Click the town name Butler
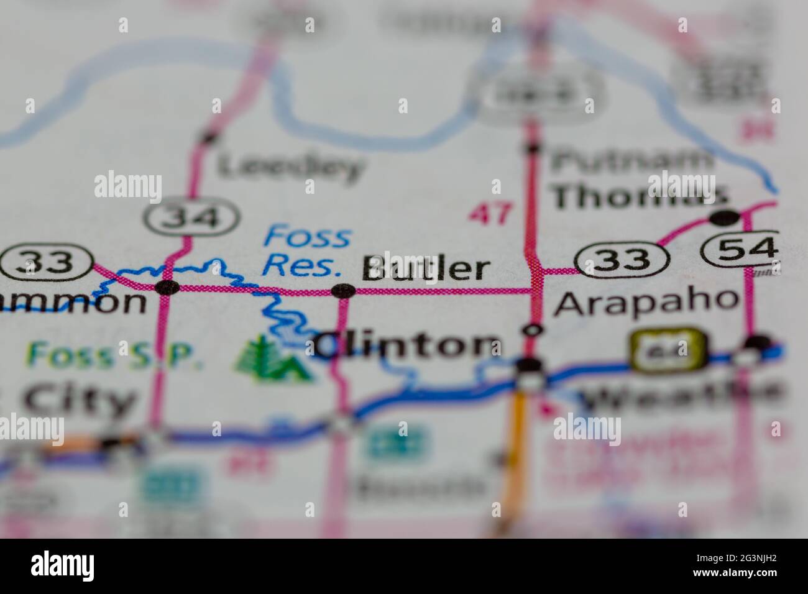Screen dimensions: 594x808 (x=426, y=269)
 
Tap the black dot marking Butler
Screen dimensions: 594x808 (x=343, y=290)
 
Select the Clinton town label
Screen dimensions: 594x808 (x=407, y=345)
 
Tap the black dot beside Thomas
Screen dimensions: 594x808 (x=725, y=217)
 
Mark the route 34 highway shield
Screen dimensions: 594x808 (x=191, y=217)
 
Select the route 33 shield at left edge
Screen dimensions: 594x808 (x=47, y=263)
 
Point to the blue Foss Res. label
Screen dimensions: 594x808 (x=306, y=251)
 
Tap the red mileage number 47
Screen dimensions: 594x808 (x=492, y=214)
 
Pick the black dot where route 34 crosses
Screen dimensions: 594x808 (x=168, y=287)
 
